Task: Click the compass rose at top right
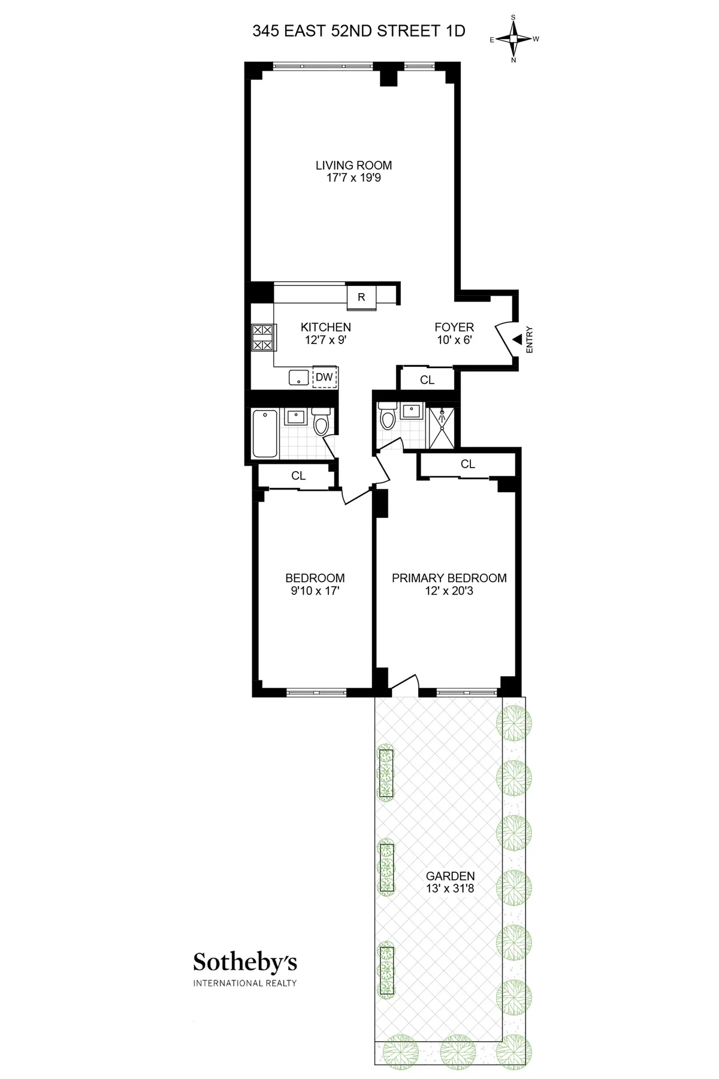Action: tap(513, 39)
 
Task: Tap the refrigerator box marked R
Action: tap(361, 297)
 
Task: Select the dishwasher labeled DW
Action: tap(324, 378)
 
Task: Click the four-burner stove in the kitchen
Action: tap(262, 337)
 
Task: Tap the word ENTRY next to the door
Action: tap(529, 340)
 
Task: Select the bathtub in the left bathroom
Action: tap(265, 433)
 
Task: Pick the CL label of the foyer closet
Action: tap(427, 380)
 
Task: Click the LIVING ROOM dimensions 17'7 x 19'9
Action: tap(354, 178)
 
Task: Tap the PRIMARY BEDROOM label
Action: tap(449, 578)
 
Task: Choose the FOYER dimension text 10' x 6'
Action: tap(454, 340)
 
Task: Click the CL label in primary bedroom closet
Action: tap(468, 464)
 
